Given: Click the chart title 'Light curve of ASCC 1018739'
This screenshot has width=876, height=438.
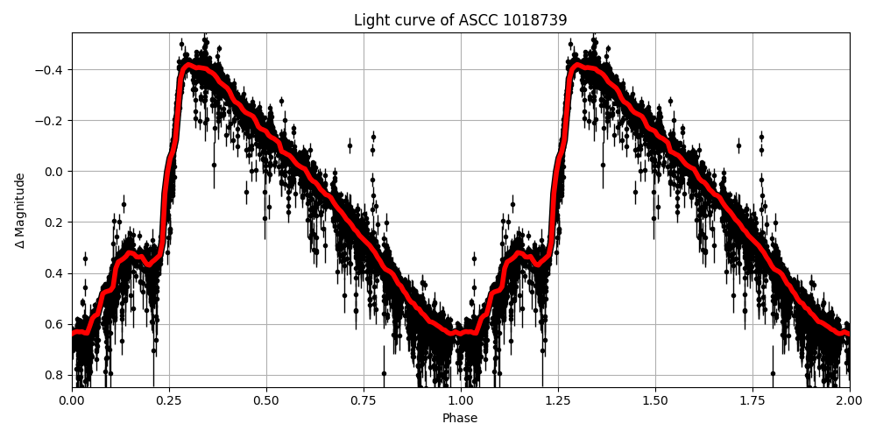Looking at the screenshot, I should click(x=460, y=20).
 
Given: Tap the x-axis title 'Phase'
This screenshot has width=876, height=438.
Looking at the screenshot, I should click(x=460, y=419).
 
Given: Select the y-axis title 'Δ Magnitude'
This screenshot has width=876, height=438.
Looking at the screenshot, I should click(x=20, y=210).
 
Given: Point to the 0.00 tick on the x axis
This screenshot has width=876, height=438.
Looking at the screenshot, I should click(x=72, y=400).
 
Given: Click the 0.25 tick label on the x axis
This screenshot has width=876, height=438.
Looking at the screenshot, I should click(x=169, y=400).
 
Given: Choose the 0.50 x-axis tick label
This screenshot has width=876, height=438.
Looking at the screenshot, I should click(x=266, y=400).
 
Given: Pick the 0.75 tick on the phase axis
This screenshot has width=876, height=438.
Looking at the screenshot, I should click(x=364, y=400).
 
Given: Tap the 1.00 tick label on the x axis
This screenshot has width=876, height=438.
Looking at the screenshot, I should click(x=461, y=400).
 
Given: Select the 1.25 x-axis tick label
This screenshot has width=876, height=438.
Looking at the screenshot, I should click(x=558, y=400).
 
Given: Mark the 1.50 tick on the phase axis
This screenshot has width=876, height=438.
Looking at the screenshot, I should click(x=655, y=400).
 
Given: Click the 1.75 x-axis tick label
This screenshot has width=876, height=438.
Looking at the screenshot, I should click(x=752, y=400).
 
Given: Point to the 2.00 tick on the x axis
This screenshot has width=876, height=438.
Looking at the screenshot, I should click(x=850, y=400).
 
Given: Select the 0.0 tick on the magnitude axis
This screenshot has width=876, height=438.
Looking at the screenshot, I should click(x=55, y=172).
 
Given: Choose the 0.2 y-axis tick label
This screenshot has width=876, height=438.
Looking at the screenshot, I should click(x=55, y=223).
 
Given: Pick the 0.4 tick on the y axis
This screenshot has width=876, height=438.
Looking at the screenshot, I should click(x=55, y=273).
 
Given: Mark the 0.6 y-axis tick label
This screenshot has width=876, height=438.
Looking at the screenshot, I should click(x=55, y=324).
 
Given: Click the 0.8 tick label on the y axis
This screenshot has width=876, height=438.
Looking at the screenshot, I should click(x=55, y=375).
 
